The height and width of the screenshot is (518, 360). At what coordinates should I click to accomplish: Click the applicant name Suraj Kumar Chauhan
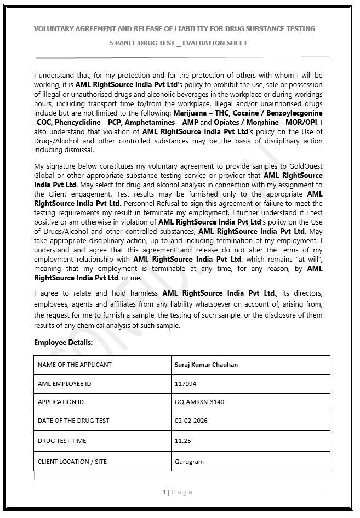coord(206,365)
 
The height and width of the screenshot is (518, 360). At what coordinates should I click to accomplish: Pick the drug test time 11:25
coord(182,441)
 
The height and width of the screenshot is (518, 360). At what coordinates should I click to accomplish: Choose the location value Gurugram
coord(189,462)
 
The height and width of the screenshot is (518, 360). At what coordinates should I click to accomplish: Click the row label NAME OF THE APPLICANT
coord(75,365)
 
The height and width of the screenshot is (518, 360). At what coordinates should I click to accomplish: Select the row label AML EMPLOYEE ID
coord(65,384)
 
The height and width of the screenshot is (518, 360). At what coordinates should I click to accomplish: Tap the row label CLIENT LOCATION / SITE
coord(72,462)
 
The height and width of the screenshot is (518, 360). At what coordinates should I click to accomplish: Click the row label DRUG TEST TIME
coord(62,441)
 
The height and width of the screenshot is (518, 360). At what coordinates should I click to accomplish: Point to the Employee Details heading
coord(65,343)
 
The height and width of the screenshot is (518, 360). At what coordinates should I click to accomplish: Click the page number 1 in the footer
coord(164,492)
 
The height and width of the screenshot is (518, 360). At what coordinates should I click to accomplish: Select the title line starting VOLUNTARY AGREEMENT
coord(174,28)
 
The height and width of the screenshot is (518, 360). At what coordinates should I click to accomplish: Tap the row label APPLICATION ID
coord(61,402)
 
